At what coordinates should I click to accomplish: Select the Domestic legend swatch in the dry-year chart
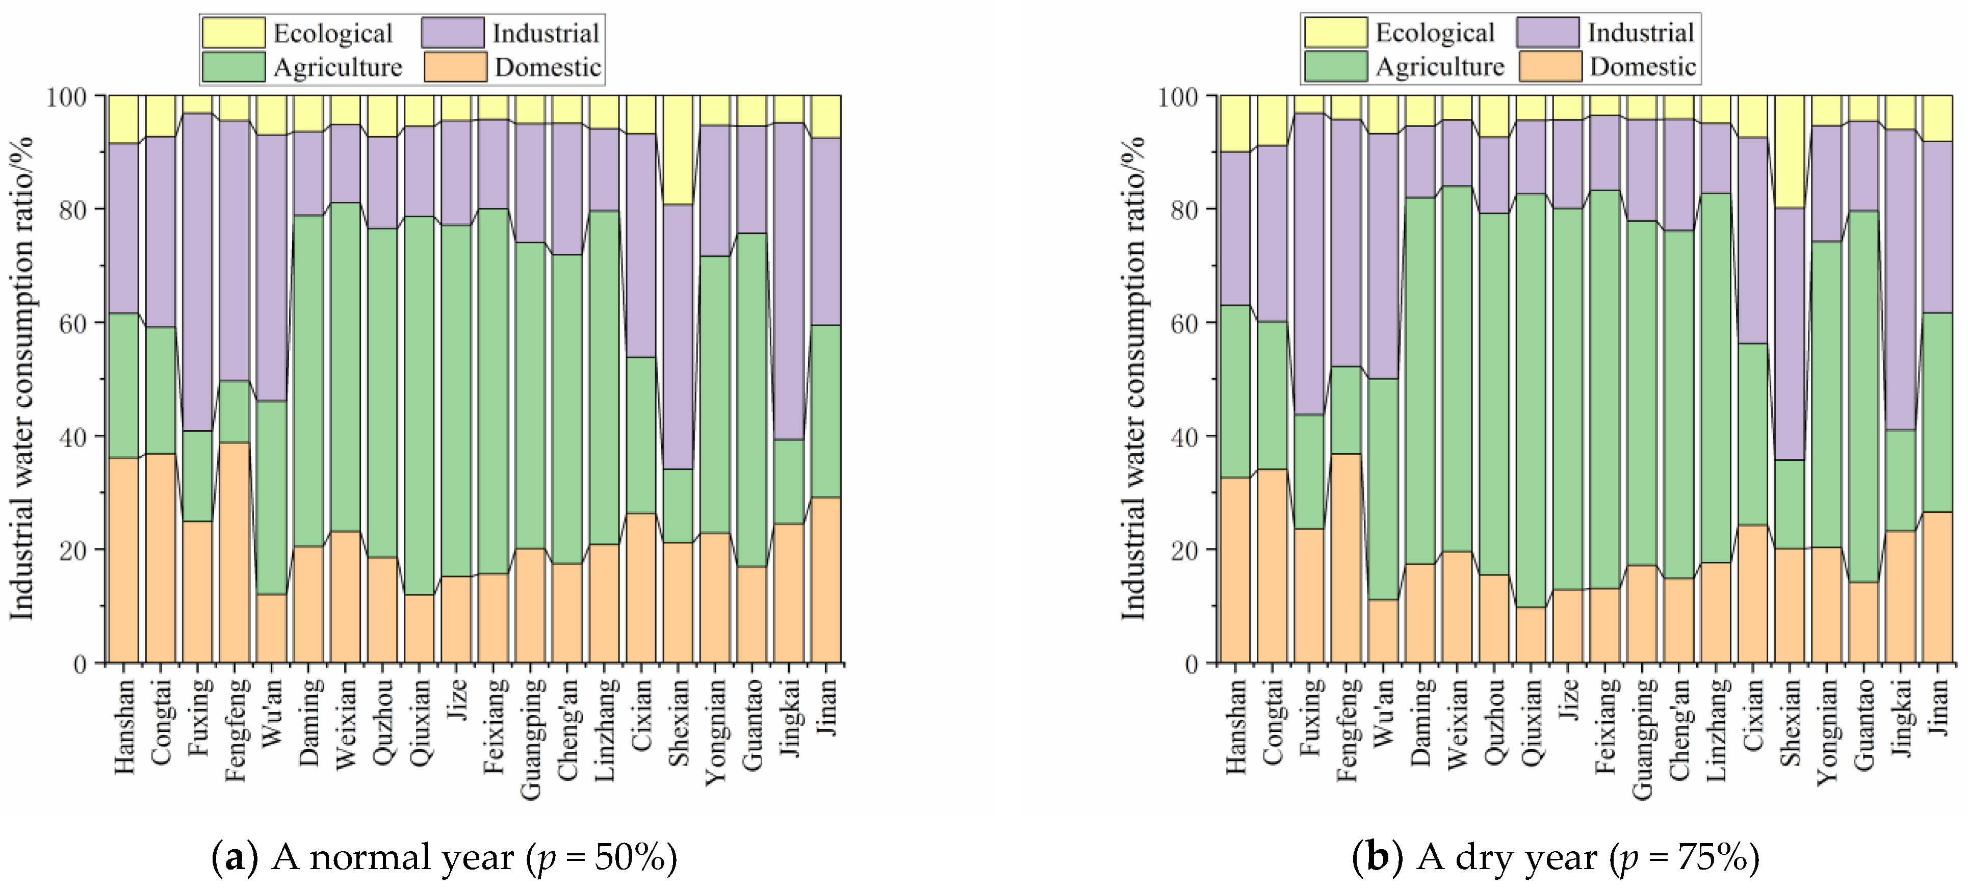[x=1549, y=66]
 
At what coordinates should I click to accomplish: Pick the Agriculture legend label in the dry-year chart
[x=1439, y=67]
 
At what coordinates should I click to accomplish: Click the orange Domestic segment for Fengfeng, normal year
[x=235, y=553]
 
